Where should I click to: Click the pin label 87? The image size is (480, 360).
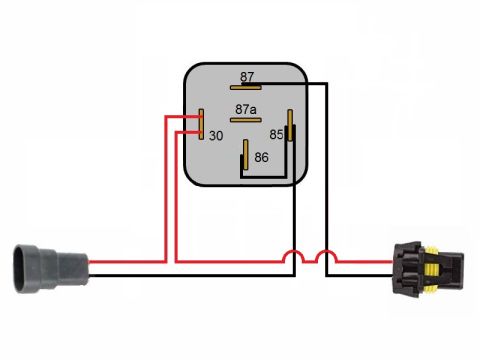[247, 77]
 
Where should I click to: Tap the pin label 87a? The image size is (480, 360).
[246, 109]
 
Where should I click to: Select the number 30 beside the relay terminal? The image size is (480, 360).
[216, 136]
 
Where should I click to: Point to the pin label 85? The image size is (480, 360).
[276, 134]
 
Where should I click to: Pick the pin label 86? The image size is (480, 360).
[261, 157]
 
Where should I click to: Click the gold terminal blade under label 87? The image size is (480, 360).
[246, 88]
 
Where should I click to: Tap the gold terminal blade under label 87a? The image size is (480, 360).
[246, 120]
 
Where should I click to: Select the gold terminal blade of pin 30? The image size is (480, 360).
[201, 124]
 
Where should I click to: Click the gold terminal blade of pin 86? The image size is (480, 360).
[246, 154]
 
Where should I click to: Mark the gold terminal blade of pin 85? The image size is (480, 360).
[290, 125]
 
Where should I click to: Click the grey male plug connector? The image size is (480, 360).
[51, 269]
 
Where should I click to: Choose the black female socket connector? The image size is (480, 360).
[428, 269]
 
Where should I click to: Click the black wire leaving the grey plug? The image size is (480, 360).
[192, 275]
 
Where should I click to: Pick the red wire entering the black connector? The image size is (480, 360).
[364, 262]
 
